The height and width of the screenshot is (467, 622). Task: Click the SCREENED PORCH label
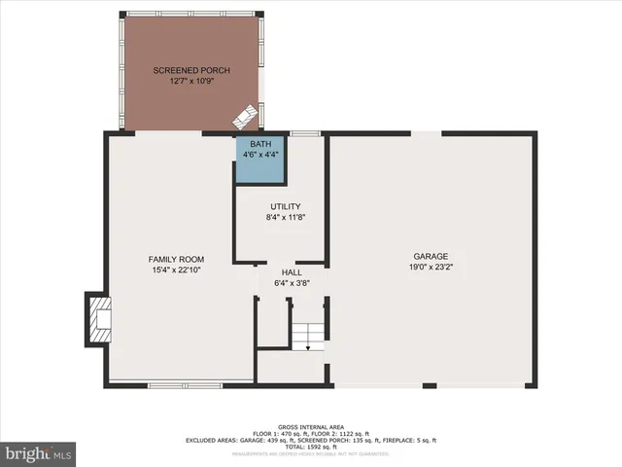(191, 71)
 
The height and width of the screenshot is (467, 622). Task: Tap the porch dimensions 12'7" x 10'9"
(191, 82)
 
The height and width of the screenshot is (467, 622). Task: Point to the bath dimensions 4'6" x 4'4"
(260, 154)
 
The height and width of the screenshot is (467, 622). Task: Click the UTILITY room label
(286, 207)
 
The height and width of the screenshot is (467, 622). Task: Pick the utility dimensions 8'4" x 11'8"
(286, 218)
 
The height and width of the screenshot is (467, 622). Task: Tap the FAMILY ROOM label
(175, 259)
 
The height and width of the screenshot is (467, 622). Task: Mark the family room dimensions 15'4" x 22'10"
(175, 269)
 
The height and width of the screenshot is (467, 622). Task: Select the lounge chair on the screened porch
(245, 116)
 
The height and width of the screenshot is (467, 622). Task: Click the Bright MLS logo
(38, 453)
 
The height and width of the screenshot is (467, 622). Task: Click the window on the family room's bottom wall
(185, 385)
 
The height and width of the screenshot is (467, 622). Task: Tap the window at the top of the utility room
(305, 132)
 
